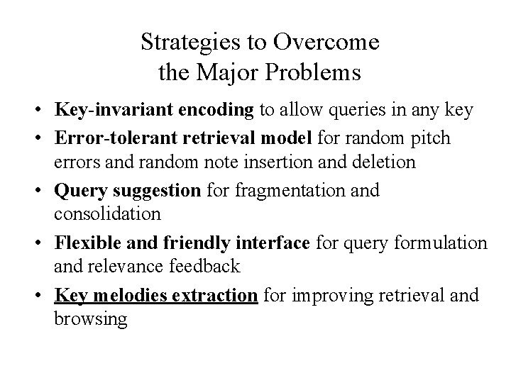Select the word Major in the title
[231, 72]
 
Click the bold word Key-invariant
[102, 111]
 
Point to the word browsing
[90, 319]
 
